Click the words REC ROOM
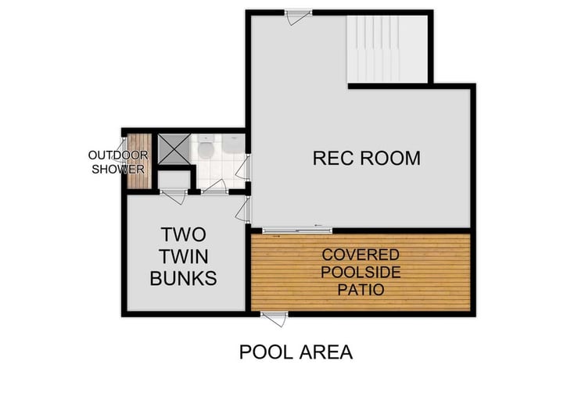(366, 159)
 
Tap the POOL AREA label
(296, 352)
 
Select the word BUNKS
(183, 277)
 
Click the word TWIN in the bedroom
(183, 255)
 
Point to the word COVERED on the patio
(361, 255)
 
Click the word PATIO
(361, 290)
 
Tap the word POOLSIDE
(361, 273)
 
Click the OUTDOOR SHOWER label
(117, 162)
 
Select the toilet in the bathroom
(206, 148)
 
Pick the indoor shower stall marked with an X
(173, 148)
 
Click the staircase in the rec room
(387, 48)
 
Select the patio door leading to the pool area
(275, 316)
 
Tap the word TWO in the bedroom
(183, 234)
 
